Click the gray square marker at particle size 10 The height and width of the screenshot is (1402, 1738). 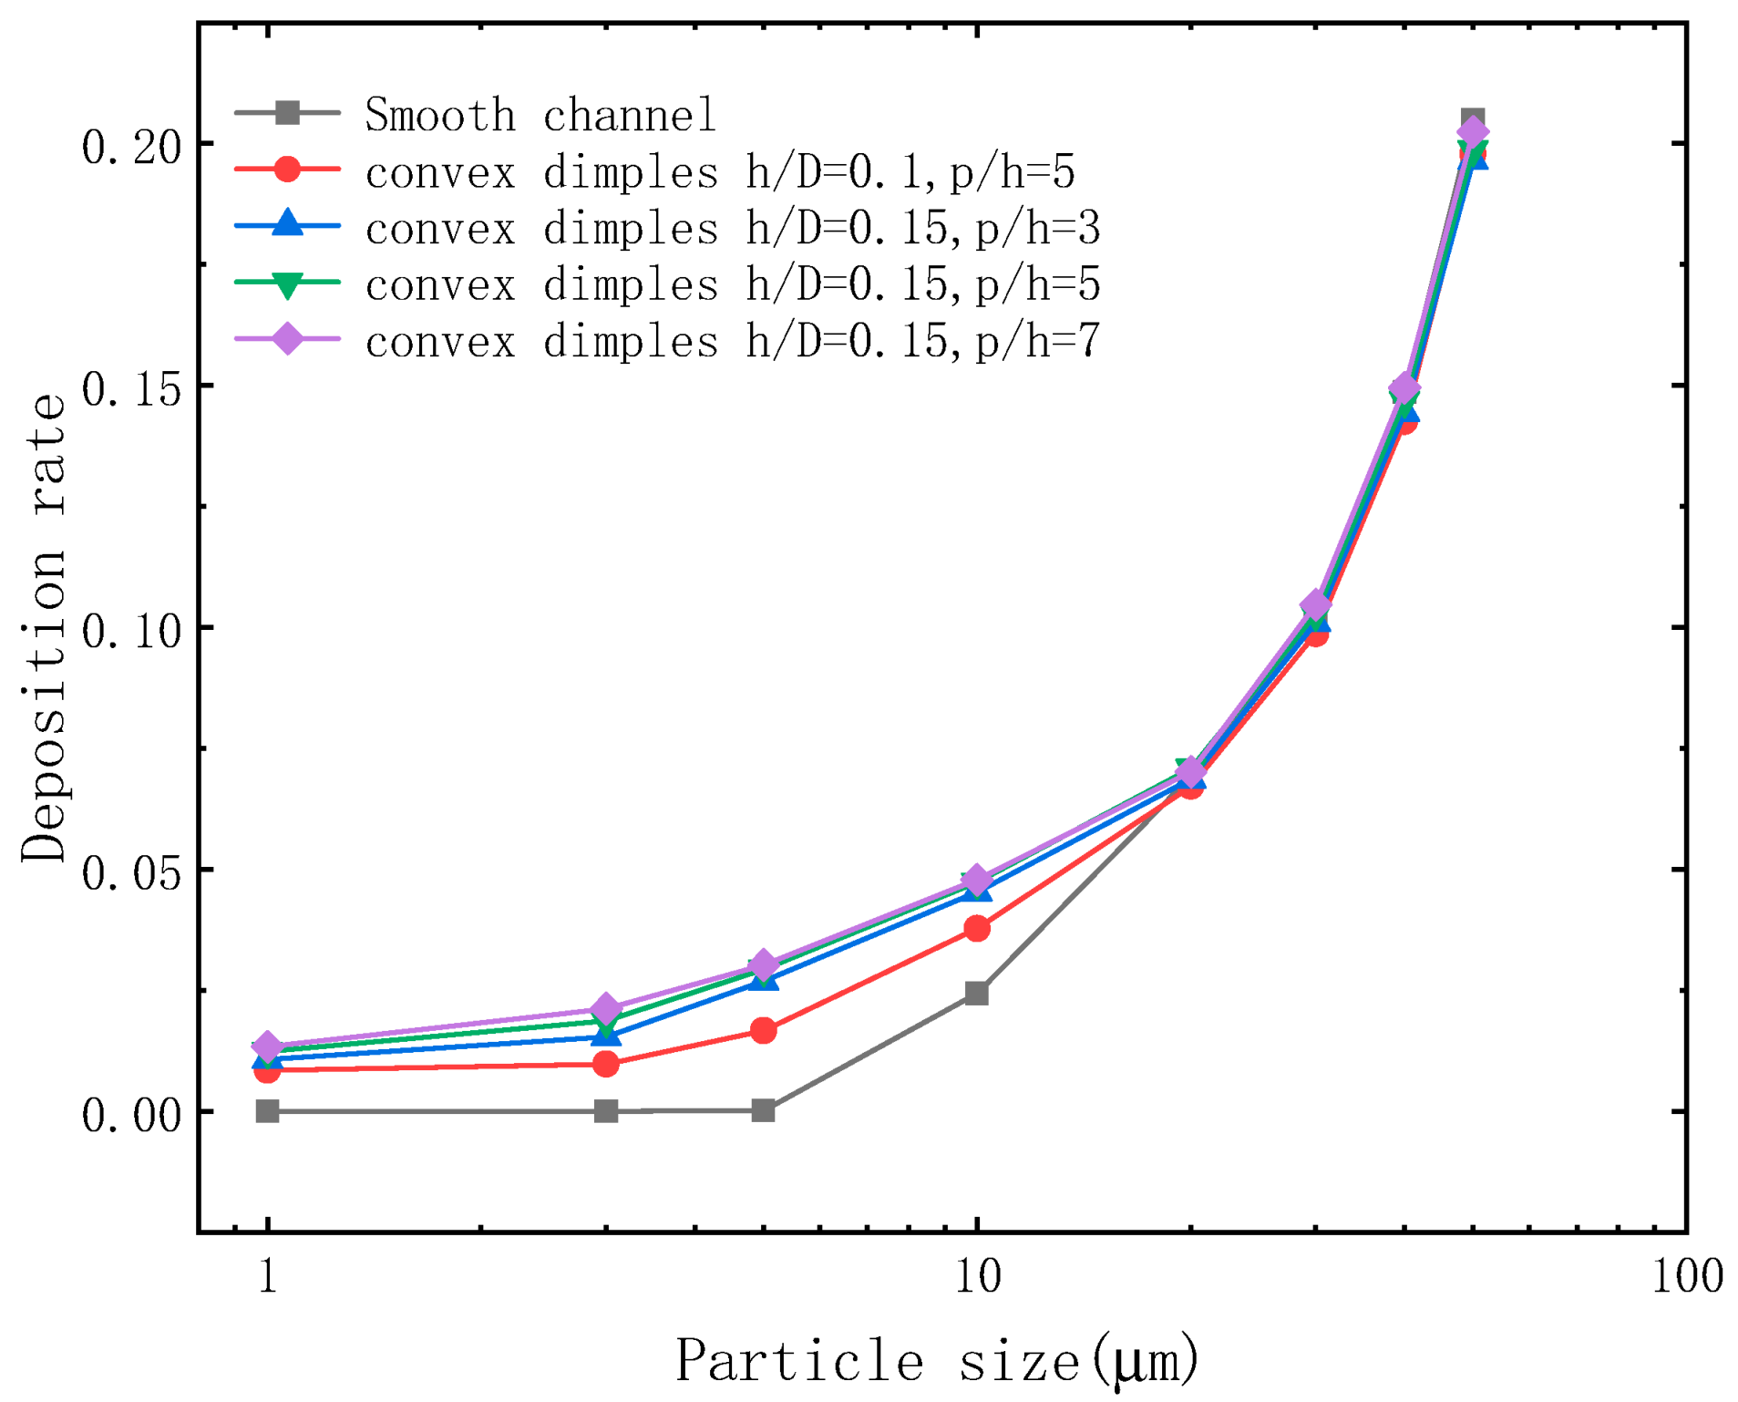tap(976, 993)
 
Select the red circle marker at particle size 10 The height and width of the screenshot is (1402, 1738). tap(976, 928)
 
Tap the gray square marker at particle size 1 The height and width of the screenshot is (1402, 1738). tap(267, 1110)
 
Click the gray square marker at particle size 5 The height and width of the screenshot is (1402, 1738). tap(764, 1109)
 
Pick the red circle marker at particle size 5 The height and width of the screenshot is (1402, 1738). tap(764, 1030)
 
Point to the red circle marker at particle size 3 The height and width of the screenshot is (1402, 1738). tap(606, 1063)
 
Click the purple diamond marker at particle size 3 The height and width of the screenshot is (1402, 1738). tap(606, 1009)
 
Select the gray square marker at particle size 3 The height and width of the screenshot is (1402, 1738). tap(606, 1110)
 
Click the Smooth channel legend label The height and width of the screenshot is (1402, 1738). tap(540, 115)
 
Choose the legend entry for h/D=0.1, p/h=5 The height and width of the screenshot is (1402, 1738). tap(720, 171)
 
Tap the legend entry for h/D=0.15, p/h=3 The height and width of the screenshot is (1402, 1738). tap(733, 228)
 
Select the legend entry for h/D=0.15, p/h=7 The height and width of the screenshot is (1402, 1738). tap(733, 341)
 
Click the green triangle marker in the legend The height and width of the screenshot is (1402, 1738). tap(288, 284)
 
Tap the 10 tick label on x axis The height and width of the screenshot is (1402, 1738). tap(977, 1276)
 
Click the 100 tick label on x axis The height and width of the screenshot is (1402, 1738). tap(1686, 1276)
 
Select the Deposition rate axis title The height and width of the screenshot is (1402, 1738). tap(44, 628)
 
